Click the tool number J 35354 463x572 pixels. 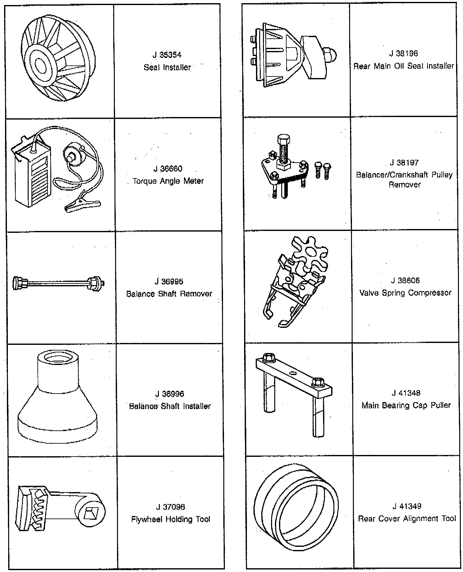click(167, 55)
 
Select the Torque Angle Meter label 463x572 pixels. click(168, 181)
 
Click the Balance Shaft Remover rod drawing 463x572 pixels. click(59, 283)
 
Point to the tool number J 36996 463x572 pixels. click(170, 394)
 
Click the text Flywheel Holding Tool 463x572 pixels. click(170, 519)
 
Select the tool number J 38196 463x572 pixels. click(403, 53)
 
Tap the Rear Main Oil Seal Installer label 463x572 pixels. click(404, 66)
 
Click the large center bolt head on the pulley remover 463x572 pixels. click(284, 140)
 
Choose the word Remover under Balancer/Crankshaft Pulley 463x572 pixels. click(404, 185)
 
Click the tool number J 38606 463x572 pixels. click(405, 280)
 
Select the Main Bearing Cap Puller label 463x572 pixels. click(406, 405)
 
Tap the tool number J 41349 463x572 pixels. click(407, 506)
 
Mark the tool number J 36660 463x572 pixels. click(168, 169)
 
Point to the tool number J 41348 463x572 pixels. click(406, 393)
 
